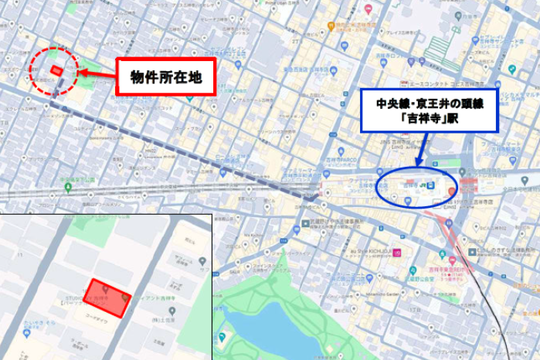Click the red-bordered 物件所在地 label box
[x=165, y=76]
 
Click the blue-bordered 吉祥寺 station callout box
[x=430, y=110]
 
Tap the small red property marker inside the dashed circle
[x=56, y=70]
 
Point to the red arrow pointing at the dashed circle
[x=96, y=74]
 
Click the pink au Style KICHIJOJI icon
[x=399, y=252]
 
